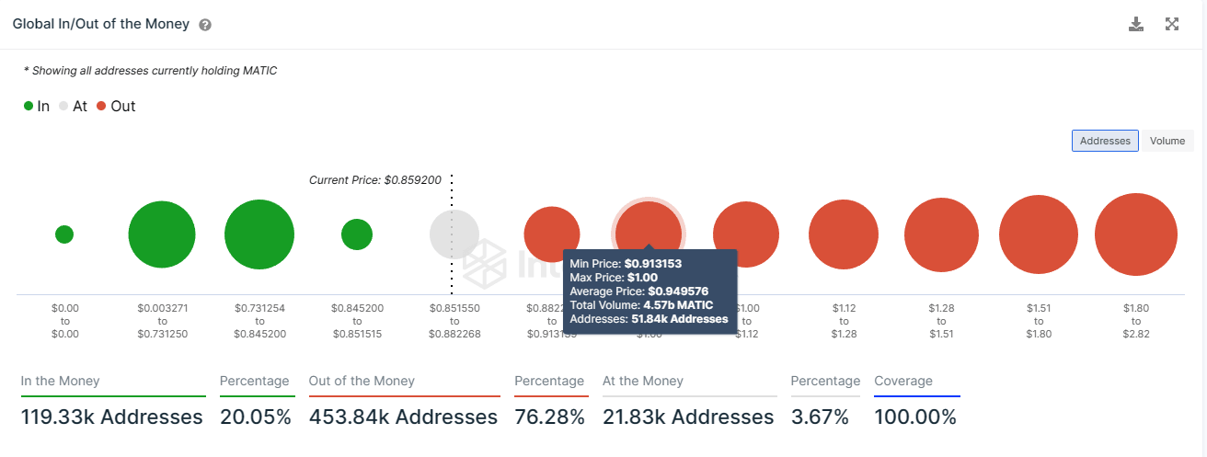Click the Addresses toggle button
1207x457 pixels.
[1105, 141]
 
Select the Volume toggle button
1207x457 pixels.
[1167, 141]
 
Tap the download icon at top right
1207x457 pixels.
[1136, 25]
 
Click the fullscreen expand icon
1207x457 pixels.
[1172, 25]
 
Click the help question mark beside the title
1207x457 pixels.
[205, 25]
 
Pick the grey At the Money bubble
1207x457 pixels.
[454, 234]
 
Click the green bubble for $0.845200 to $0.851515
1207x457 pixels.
[357, 234]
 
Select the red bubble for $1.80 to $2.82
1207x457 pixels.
[1136, 234]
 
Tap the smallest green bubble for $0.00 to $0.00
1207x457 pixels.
[64, 234]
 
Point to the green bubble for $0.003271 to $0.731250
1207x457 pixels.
[162, 234]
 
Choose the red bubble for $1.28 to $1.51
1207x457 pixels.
[941, 234]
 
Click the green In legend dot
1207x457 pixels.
[29, 107]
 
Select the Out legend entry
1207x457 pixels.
[116, 107]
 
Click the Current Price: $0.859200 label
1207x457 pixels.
[375, 180]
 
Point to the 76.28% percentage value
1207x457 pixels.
[549, 417]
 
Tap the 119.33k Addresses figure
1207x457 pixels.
[111, 417]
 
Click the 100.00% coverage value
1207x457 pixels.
[915, 417]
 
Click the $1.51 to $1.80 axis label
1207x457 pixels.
[1039, 321]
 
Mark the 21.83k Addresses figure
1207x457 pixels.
[688, 417]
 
